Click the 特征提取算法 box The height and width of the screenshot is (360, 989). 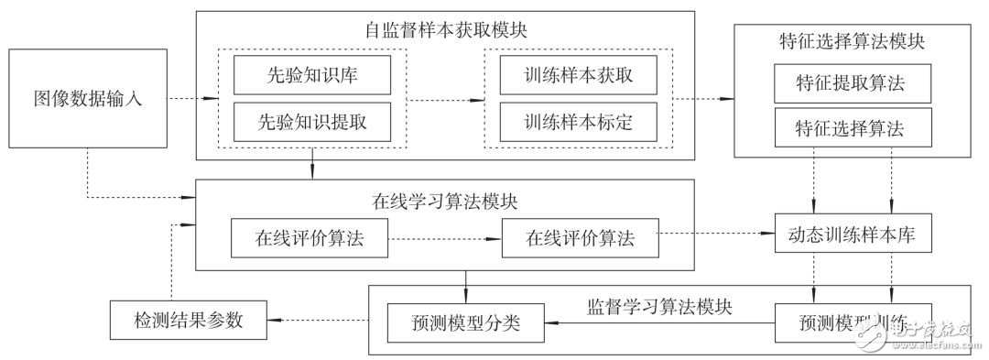tap(853, 85)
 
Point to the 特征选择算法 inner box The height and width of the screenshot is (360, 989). tap(853, 128)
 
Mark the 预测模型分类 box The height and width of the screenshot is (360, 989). tap(466, 322)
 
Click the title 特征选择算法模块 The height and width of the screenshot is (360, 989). tap(853, 42)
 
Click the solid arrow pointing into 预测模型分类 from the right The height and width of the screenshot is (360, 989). tap(659, 322)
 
